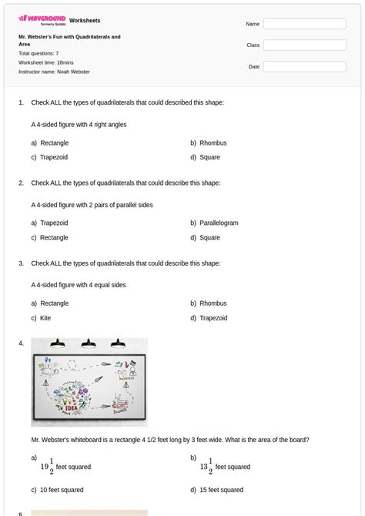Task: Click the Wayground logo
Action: click(x=42, y=20)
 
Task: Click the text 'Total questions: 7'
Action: click(x=39, y=53)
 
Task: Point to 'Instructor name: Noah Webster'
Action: click(x=54, y=72)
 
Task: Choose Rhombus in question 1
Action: click(x=213, y=143)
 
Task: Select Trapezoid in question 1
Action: click(x=54, y=157)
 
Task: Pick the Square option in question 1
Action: click(x=209, y=157)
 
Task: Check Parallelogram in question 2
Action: click(x=219, y=223)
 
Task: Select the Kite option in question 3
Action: click(x=46, y=318)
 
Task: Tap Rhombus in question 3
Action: click(x=213, y=303)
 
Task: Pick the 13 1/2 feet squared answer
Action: click(x=225, y=467)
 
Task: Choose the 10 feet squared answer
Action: click(x=62, y=490)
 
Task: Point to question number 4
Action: click(x=22, y=343)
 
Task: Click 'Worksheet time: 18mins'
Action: click(x=46, y=62)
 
